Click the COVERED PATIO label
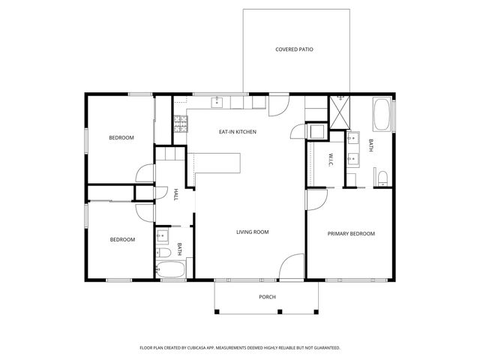tap(294, 49)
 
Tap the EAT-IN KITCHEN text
tap(238, 132)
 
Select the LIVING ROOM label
tap(252, 232)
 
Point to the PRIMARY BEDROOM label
tap(351, 234)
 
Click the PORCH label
tap(268, 297)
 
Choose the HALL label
tap(175, 194)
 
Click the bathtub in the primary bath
tap(382, 115)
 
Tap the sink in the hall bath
tap(161, 238)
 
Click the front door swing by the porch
tap(291, 267)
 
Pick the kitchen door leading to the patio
tap(278, 104)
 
